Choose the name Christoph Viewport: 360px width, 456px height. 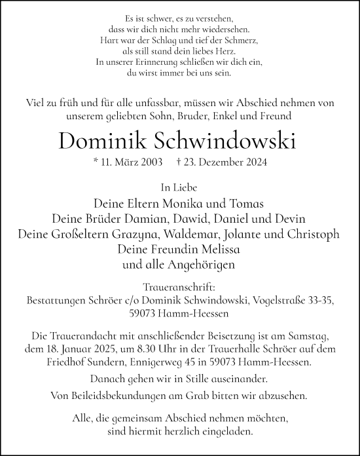313,234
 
